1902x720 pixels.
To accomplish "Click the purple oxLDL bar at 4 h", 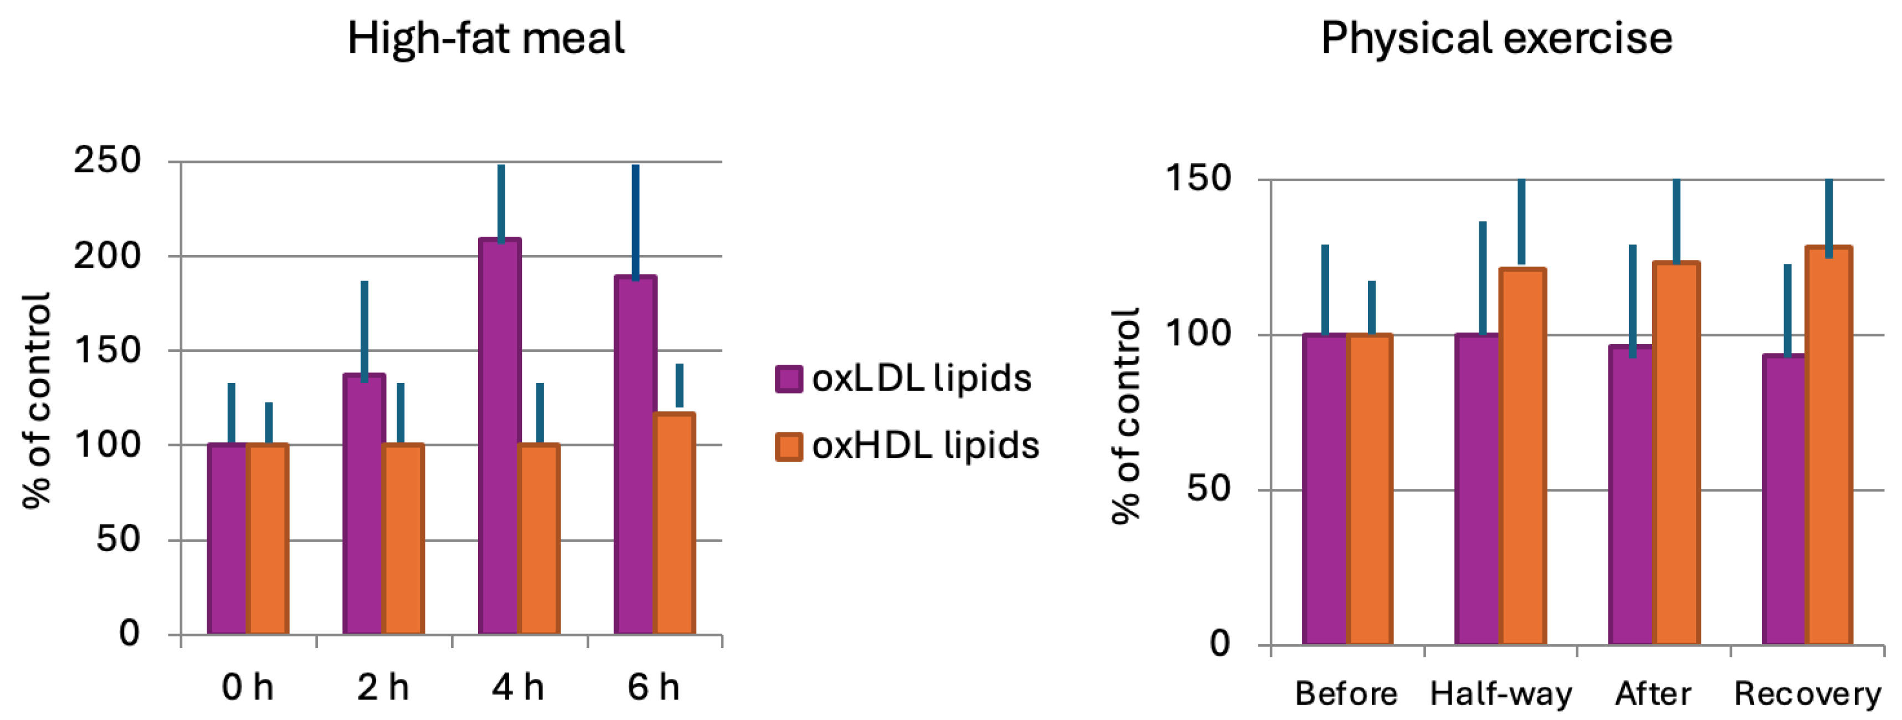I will [x=499, y=436].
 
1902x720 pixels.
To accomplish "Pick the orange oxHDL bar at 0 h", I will [x=267, y=539].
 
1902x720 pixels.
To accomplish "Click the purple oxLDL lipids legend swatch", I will [x=788, y=379].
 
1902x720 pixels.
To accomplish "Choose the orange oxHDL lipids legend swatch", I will [x=788, y=447].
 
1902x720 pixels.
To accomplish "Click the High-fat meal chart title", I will [x=486, y=38].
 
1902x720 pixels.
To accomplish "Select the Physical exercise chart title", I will [x=1496, y=38].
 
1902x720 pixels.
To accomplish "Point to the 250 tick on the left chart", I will [x=107, y=160].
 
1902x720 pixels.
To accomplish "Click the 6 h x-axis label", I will [x=653, y=687].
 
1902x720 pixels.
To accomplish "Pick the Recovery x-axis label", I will [x=1807, y=693].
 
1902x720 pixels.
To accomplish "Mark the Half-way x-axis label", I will [x=1501, y=693].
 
